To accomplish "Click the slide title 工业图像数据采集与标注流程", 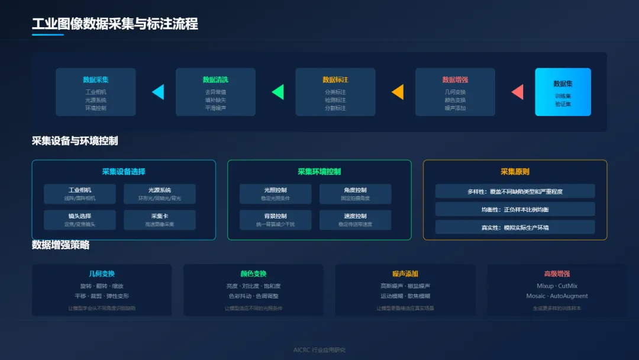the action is click(115, 24).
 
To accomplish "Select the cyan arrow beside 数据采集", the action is click(159, 92).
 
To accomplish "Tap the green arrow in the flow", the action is click(278, 92).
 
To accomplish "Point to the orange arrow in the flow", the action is click(398, 92).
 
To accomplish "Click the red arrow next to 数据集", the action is click(518, 92).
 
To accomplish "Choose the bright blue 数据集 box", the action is click(563, 92).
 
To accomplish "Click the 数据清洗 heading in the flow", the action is click(215, 79).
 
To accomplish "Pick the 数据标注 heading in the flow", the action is click(335, 79).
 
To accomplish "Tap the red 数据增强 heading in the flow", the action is click(455, 79).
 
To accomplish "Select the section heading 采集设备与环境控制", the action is click(75, 141).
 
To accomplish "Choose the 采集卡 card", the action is click(160, 220).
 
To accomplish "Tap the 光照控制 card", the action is click(275, 194).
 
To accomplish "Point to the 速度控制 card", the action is click(355, 220).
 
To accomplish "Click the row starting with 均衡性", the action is click(515, 209).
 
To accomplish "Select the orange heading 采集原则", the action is click(515, 172).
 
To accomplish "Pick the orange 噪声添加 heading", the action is click(405, 274).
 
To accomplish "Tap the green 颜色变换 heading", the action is click(253, 274).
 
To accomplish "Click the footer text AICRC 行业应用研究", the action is click(319, 350).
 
